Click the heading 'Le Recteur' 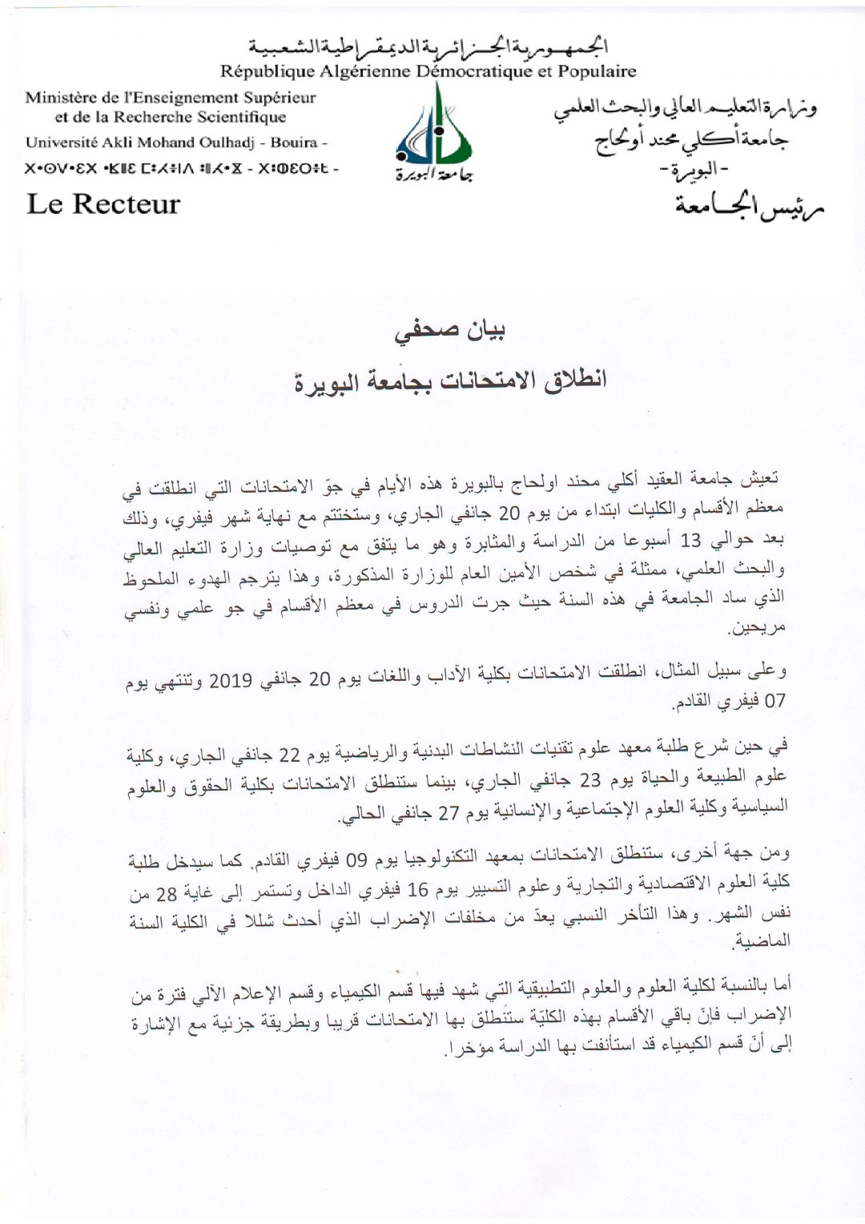point(103,203)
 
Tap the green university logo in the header point(433,133)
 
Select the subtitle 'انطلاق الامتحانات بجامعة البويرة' point(451,379)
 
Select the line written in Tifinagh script point(181,169)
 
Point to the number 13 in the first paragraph point(689,542)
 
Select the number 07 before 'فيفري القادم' point(775,702)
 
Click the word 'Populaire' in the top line point(594,71)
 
